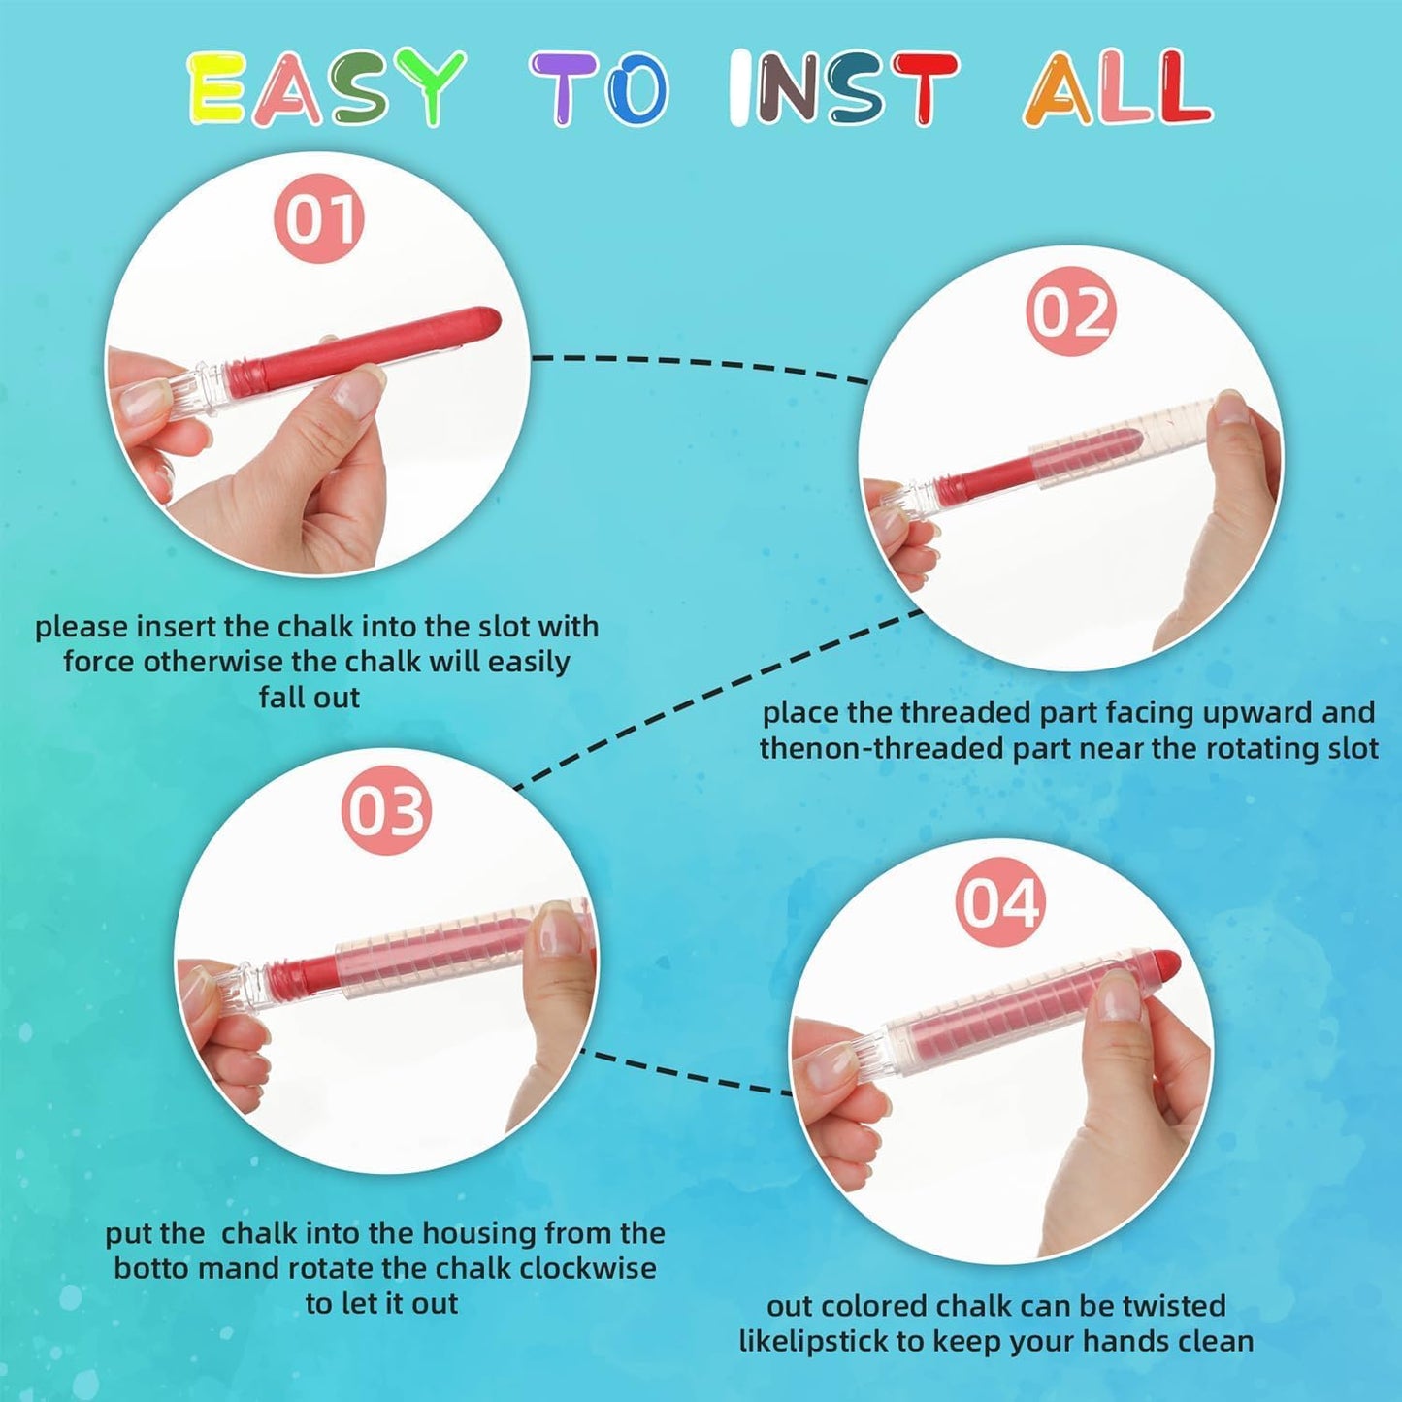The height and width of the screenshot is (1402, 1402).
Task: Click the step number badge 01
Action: [318, 218]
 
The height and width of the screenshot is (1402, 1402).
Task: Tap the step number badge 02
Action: [1070, 313]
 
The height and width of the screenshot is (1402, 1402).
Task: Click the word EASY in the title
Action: [325, 87]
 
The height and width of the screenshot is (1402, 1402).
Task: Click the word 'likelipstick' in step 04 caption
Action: [813, 1341]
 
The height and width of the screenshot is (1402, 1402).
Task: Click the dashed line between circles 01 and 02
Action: [701, 364]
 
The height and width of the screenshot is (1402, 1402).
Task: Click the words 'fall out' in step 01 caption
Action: [310, 697]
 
